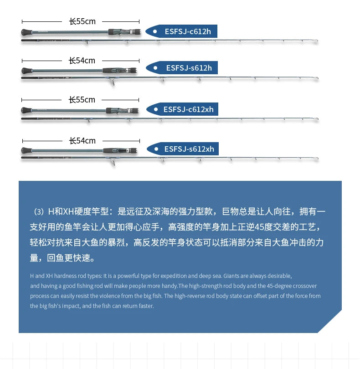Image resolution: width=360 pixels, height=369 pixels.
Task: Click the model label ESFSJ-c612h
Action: point(188,31)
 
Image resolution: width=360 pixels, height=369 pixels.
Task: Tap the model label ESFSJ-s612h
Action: point(189,68)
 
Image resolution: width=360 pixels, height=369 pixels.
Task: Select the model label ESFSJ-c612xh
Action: point(188,109)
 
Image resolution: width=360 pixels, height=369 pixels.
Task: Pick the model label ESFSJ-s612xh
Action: point(189,149)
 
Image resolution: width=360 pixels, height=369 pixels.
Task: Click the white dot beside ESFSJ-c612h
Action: point(155,31)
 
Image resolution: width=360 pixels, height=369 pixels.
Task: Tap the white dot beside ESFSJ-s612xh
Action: point(156,149)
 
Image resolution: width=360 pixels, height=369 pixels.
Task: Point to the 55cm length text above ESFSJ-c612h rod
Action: point(82,21)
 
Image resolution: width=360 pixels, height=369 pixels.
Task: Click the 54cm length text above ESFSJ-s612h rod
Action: point(82,61)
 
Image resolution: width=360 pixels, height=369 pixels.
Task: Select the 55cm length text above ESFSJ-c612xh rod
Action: point(82,100)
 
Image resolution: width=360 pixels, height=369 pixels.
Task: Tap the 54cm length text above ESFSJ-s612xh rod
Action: point(82,141)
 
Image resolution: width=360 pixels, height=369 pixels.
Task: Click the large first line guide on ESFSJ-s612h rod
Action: point(112,82)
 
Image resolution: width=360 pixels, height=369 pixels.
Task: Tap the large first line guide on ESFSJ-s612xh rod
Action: point(112,162)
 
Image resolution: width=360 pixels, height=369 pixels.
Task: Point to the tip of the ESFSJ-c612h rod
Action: point(317,41)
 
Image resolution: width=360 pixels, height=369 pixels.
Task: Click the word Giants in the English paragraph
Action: point(231,276)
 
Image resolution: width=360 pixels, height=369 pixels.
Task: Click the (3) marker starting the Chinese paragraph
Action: point(39,211)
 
